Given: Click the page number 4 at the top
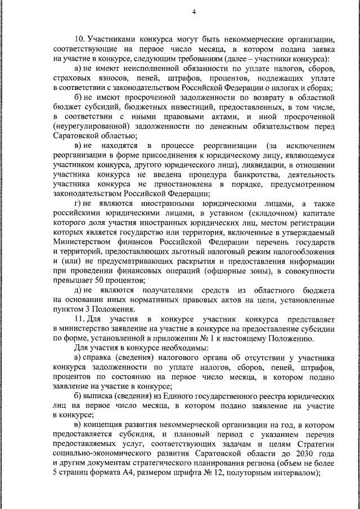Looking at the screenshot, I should point(193,12).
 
